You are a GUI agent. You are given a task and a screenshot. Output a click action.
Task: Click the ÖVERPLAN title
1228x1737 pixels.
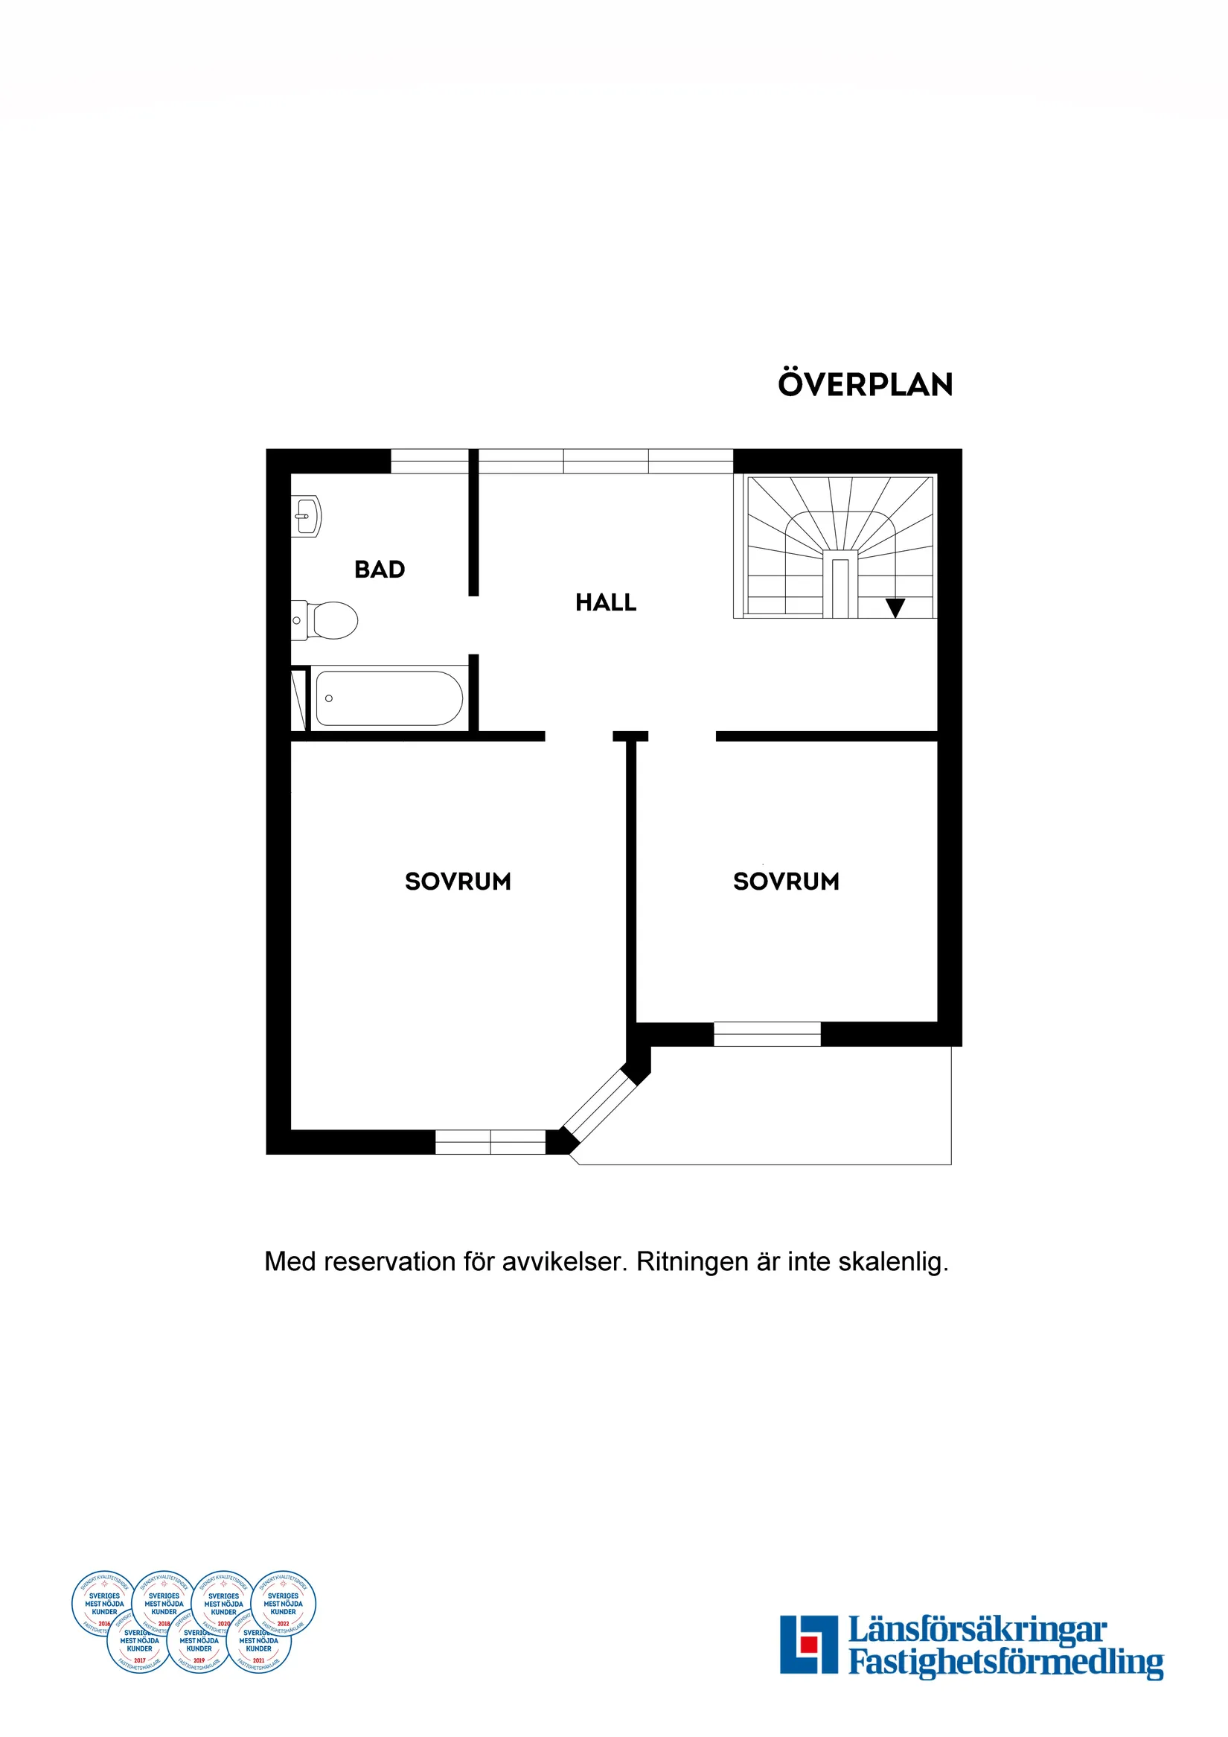tap(865, 384)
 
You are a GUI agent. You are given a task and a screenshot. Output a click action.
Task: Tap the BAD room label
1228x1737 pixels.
tap(380, 570)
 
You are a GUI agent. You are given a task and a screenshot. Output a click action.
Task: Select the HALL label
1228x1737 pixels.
tap(606, 603)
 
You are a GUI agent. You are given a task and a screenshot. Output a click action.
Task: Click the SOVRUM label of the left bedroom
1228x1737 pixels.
tap(458, 882)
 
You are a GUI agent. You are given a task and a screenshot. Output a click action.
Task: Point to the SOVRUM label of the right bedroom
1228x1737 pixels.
tap(786, 882)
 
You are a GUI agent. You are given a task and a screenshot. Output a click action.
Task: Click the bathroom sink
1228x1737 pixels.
tap(307, 516)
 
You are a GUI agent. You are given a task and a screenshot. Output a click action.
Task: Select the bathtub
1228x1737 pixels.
tap(388, 698)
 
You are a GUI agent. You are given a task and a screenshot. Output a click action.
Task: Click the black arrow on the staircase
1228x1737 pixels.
tap(895, 608)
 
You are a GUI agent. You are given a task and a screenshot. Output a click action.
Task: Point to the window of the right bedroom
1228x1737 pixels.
tap(767, 1034)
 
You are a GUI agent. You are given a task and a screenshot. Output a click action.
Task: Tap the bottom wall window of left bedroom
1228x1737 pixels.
tap(490, 1141)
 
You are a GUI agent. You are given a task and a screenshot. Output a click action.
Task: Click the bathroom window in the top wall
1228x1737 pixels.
tap(429, 461)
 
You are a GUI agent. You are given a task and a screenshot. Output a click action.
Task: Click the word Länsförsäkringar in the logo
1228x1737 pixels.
tap(977, 1630)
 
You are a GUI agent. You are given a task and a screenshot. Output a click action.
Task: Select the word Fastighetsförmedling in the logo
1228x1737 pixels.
tap(1005, 1663)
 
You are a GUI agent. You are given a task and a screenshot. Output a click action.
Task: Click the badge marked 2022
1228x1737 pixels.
tap(283, 1603)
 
